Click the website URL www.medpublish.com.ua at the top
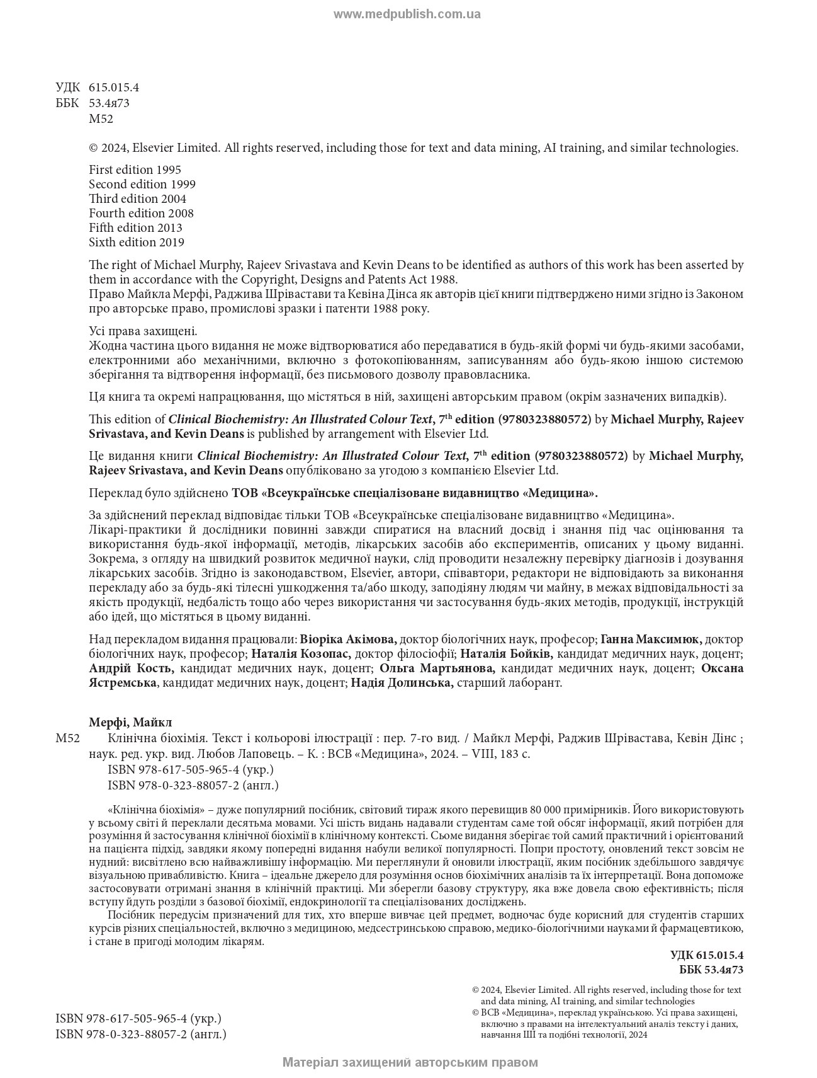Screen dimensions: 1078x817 click(x=407, y=14)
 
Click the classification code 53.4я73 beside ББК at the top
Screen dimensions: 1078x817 click(x=109, y=103)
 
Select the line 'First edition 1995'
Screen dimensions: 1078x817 click(x=135, y=169)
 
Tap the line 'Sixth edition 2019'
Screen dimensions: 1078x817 click(x=136, y=242)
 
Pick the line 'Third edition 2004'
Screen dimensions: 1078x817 click(x=138, y=198)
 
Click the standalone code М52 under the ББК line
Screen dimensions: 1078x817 click(x=101, y=119)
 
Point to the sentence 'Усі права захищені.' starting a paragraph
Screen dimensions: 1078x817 click(x=143, y=331)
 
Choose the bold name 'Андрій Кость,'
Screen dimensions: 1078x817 click(x=132, y=668)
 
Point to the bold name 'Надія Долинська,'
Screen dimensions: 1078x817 click(x=402, y=682)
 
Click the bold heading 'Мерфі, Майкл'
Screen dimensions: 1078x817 click(x=130, y=722)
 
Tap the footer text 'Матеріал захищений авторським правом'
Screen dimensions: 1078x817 click(x=410, y=1063)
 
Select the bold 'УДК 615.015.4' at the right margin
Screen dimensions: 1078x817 click(x=707, y=955)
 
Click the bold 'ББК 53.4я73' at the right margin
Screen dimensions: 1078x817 click(x=711, y=970)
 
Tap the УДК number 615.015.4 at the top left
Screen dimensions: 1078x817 click(x=113, y=88)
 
